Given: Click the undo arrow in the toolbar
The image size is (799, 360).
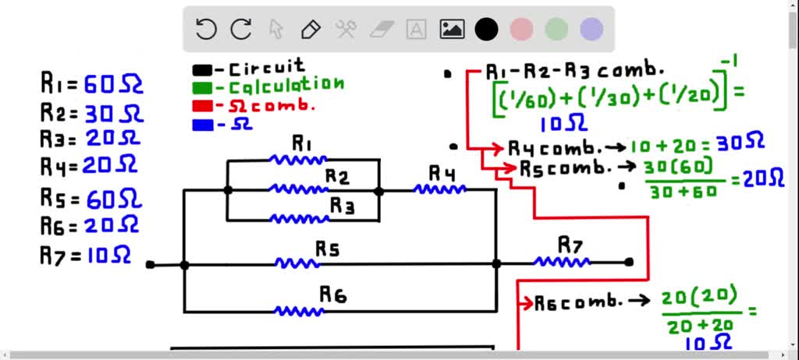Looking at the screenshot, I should (206, 30).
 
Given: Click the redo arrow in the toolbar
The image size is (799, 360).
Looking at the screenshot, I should (240, 30).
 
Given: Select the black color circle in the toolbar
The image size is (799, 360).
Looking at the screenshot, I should (487, 30).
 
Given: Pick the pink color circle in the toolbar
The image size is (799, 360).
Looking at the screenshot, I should (521, 30).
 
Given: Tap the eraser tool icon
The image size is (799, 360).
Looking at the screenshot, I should (381, 30).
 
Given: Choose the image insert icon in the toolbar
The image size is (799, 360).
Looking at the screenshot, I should (452, 30).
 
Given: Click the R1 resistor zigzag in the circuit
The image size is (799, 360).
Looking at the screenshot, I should (297, 160).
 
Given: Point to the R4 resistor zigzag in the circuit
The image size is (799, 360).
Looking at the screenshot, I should (440, 189).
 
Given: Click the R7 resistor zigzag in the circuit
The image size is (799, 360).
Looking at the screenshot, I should (562, 263).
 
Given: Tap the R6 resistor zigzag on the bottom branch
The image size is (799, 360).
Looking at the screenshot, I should (300, 311).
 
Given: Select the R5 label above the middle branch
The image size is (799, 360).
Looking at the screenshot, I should (328, 249).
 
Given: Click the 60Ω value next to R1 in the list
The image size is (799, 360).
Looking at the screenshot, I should (114, 84).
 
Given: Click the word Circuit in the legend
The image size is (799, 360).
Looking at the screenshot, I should (266, 68).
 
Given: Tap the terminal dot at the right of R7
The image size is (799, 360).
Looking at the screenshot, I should (629, 263).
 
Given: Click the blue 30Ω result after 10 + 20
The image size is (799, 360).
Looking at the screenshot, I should (742, 143).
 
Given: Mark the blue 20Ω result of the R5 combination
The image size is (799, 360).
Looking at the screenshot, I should (762, 179).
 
